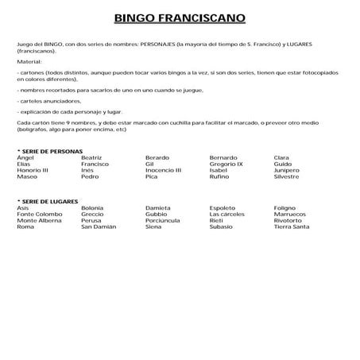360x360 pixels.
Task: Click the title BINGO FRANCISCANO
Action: [x=180, y=17]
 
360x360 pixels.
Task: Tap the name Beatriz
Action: [x=92, y=157]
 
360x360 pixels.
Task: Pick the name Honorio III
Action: [x=33, y=170]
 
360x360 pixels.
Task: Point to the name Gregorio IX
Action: [x=226, y=164]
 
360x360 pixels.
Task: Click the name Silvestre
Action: [x=286, y=176]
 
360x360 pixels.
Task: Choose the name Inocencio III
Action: [x=163, y=170]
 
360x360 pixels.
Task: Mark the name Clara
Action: [x=281, y=157]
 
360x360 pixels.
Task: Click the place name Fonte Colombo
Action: [x=39, y=214]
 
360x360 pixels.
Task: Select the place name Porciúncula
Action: [x=165, y=220]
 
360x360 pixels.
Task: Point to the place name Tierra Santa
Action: [x=291, y=226]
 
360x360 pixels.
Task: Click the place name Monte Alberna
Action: [x=40, y=220]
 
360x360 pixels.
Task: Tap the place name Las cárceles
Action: [x=227, y=214]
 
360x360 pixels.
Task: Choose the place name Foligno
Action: [x=285, y=207]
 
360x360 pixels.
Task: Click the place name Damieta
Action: [x=158, y=207]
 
